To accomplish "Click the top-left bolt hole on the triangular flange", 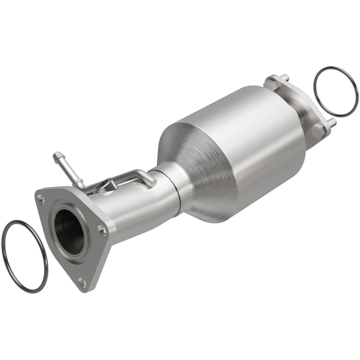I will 41,196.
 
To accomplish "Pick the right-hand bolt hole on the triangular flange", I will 102,231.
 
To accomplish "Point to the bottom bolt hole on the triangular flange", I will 81,281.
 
